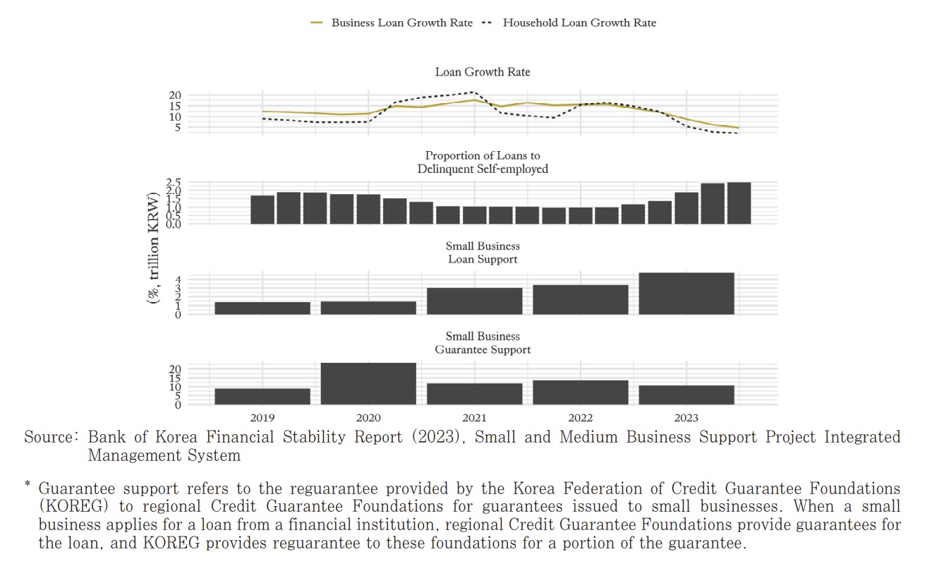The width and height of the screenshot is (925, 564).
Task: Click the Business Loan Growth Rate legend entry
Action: pyautogui.click(x=392, y=23)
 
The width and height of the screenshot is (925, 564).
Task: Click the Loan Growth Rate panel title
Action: pyautogui.click(x=483, y=72)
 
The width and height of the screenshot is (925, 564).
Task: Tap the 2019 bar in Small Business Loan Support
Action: pyautogui.click(x=262, y=308)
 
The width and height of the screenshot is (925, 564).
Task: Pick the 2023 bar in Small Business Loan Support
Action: pyautogui.click(x=686, y=294)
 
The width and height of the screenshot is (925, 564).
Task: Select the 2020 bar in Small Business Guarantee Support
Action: pyautogui.click(x=368, y=384)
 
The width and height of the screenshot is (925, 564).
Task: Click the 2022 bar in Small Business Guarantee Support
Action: pyautogui.click(x=580, y=392)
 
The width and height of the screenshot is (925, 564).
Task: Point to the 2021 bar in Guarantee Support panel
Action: pyautogui.click(x=474, y=394)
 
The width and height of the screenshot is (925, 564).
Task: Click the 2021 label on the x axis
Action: pyautogui.click(x=474, y=418)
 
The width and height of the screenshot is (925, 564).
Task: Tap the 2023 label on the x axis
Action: pyautogui.click(x=686, y=418)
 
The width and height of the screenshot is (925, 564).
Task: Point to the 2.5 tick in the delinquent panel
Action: pyautogui.click(x=174, y=183)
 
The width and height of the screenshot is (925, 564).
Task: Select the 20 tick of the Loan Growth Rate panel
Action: pyautogui.click(x=175, y=95)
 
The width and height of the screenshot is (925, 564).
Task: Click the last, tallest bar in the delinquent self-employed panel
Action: pyautogui.click(x=739, y=203)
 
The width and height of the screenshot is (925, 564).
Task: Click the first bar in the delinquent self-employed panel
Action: pyautogui.click(x=262, y=210)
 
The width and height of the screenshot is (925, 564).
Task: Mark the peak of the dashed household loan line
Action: pyautogui.click(x=473, y=92)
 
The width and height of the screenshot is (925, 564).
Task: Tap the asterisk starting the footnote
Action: pyautogui.click(x=28, y=485)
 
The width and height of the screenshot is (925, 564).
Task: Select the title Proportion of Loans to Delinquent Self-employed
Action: pyautogui.click(x=483, y=162)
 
